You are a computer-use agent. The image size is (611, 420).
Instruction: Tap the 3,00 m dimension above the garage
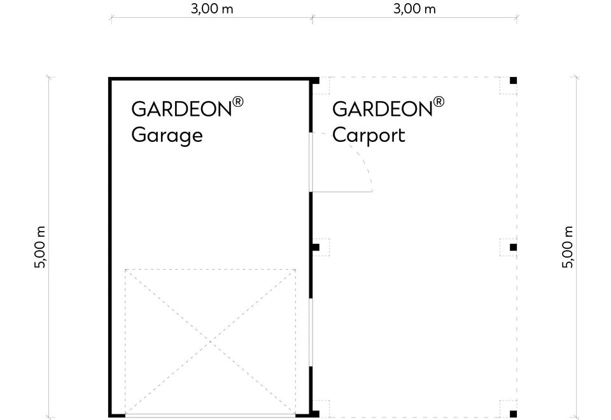pos(212,8)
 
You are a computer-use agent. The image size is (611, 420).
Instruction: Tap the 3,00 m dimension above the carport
pos(414,8)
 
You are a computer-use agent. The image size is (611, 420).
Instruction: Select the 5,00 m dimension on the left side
pos(40,247)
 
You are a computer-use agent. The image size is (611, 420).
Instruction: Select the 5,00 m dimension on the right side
pos(568,247)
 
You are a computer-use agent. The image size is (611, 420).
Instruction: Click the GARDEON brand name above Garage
pos(181,109)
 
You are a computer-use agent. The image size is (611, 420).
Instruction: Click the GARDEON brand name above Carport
pos(383,109)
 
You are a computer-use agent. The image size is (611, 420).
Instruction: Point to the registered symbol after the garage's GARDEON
pos(237,102)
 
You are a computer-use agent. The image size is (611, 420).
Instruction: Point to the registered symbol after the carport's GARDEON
pos(439,102)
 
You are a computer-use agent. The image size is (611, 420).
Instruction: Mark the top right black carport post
pos(513,81)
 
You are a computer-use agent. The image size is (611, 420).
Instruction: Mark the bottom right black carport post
pos(513,414)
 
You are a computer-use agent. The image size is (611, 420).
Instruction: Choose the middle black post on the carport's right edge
pos(513,247)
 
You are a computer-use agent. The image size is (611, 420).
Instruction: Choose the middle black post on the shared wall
pos(316,247)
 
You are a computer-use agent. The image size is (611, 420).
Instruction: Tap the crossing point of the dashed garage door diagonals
pos(211,342)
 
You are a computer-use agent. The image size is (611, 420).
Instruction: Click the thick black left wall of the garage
pos(110,247)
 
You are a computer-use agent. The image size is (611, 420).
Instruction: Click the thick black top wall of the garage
pos(211,79)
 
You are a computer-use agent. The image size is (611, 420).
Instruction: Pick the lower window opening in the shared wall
pos(311,332)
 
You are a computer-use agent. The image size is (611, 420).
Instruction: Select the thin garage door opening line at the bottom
pos(211,416)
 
